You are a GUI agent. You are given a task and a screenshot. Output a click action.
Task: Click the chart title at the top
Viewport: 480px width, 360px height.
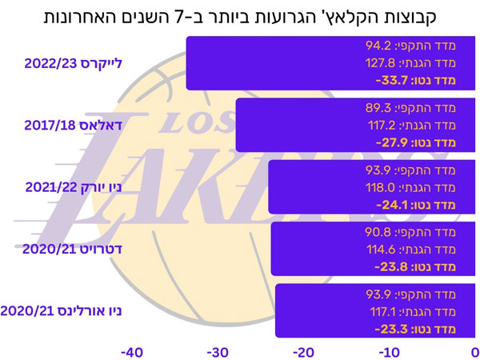tap(240, 17)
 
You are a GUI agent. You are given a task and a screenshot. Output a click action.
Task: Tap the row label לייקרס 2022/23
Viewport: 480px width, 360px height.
tap(73, 63)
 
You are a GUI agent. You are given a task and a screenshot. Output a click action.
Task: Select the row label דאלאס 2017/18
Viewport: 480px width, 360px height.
tap(73, 126)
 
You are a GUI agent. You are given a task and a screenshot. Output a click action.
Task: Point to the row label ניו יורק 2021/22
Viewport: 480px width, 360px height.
tap(74, 187)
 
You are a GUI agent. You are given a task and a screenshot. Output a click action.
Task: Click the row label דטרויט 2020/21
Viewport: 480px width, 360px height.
tap(72, 249)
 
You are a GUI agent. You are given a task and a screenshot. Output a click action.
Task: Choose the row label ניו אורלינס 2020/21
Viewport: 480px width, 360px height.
tap(61, 311)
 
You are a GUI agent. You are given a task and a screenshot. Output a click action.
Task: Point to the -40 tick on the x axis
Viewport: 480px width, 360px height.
tap(132, 353)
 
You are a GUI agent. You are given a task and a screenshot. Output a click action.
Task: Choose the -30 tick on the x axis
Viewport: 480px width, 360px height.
tap(218, 353)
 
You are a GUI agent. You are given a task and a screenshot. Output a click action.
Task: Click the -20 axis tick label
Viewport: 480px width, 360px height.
tap(303, 353)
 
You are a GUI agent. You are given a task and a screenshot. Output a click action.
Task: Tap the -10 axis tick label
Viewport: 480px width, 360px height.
tap(390, 353)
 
